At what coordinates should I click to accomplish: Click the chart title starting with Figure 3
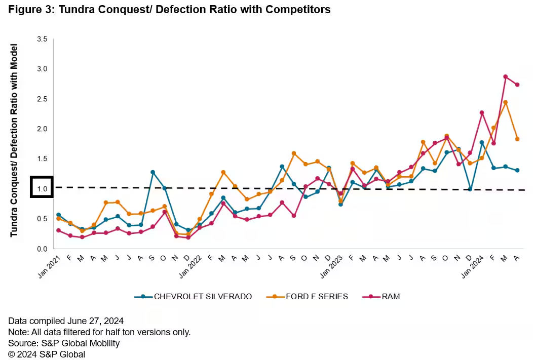[x=169, y=10]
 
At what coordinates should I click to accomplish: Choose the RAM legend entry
[x=383, y=296]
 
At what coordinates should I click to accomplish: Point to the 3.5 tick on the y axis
[x=42, y=39]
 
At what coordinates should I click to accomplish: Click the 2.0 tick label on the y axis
[x=42, y=129]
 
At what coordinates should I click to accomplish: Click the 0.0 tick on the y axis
[x=42, y=249]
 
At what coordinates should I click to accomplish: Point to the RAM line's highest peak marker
[x=505, y=77]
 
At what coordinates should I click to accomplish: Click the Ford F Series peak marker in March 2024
[x=505, y=102]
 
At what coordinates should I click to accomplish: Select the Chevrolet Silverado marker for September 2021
[x=153, y=173]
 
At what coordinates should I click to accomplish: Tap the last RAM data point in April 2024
[x=517, y=85]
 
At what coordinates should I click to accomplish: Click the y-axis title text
[x=14, y=140]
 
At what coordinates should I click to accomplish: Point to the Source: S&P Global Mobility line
[x=64, y=343]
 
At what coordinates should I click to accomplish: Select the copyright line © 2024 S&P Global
[x=47, y=354]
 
